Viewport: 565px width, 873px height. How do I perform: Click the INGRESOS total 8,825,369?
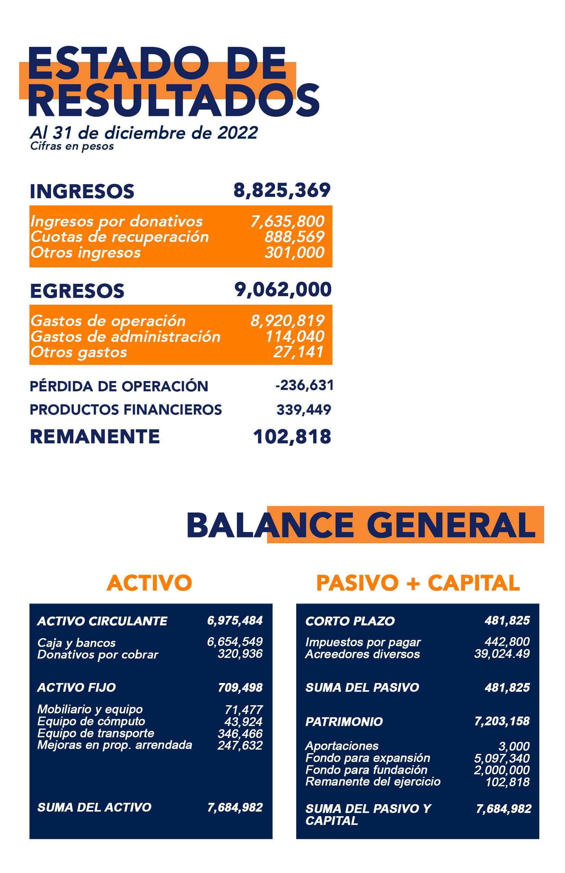(x=282, y=190)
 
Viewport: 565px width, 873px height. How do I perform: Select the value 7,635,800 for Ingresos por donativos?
(x=287, y=221)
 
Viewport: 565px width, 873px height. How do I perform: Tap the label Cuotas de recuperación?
(x=119, y=237)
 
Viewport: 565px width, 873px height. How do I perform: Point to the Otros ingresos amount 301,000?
(x=294, y=252)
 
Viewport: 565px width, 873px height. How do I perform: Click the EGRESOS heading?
(x=77, y=291)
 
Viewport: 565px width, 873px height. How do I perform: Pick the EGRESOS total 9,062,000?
(x=283, y=289)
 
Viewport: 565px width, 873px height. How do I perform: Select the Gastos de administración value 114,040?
(x=295, y=336)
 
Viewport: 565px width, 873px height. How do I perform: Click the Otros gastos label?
(x=78, y=352)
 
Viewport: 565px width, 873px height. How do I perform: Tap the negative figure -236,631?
(x=304, y=385)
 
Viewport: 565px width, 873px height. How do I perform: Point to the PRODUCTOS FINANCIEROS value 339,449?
(x=304, y=409)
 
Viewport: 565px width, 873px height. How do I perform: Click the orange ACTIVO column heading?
(x=149, y=582)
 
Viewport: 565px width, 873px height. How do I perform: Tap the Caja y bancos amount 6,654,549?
(x=235, y=642)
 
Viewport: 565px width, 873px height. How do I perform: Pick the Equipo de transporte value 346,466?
(x=240, y=733)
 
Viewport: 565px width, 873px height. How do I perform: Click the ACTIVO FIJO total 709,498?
(x=240, y=687)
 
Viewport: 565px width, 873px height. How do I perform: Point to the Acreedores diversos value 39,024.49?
(x=502, y=654)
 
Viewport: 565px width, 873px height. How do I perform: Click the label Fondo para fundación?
(x=366, y=770)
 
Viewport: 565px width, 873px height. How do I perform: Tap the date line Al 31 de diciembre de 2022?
(x=144, y=133)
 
